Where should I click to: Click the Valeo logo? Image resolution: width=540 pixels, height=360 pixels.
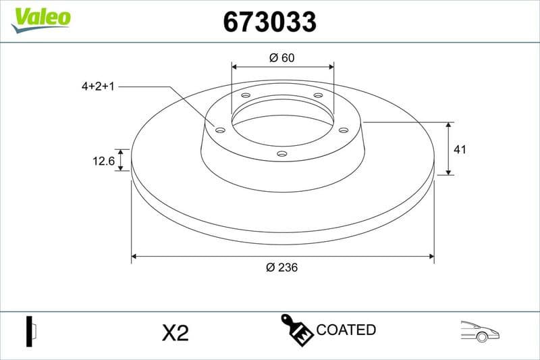pyautogui.click(x=40, y=18)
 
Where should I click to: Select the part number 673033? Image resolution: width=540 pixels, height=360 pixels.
pyautogui.click(x=270, y=22)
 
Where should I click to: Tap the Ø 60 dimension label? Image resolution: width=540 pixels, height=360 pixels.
pyautogui.click(x=282, y=58)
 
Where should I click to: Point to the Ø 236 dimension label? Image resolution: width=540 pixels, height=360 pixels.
pyautogui.click(x=282, y=267)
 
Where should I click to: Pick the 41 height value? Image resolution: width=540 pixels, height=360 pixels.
pyautogui.click(x=460, y=149)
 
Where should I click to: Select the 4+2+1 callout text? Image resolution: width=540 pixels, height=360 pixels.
pyautogui.click(x=98, y=87)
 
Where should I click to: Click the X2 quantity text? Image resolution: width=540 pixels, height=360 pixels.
pyautogui.click(x=175, y=332)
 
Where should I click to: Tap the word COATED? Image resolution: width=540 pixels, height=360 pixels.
pyautogui.click(x=346, y=330)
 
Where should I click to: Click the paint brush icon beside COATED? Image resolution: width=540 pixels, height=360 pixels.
pyautogui.click(x=296, y=330)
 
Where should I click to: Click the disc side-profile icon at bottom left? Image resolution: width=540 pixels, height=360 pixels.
pyautogui.click(x=30, y=331)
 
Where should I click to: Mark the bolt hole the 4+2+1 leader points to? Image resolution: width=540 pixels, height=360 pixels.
pyautogui.click(x=220, y=130)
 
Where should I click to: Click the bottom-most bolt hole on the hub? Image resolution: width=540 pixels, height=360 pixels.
pyautogui.click(x=282, y=154)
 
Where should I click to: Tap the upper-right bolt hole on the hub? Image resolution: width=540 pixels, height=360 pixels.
pyautogui.click(x=318, y=96)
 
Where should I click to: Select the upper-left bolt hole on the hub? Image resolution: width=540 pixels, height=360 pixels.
pyautogui.click(x=246, y=96)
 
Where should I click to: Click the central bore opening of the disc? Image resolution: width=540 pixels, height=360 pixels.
pyautogui.click(x=282, y=125)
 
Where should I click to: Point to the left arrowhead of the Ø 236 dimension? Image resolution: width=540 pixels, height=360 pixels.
pyautogui.click(x=135, y=257)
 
